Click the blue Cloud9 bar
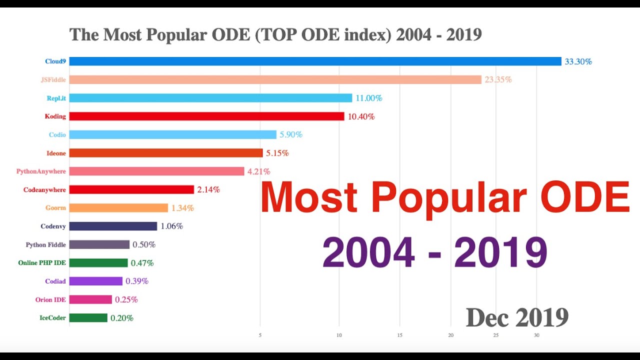[315, 61]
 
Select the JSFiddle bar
[275, 79]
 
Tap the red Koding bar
[206, 116]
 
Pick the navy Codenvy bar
[113, 226]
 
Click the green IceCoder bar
[88, 317]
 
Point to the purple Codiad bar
[95, 281]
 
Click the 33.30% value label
[578, 61]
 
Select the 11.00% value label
[368, 98]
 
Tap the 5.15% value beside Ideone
[277, 153]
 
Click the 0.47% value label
[142, 263]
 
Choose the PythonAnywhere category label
[41, 171]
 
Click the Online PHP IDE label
[42, 263]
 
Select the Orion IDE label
[50, 299]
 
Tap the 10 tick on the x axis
[339, 335]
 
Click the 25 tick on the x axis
[495, 335]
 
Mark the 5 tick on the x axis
[260, 335]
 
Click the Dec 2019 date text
[517, 317]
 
